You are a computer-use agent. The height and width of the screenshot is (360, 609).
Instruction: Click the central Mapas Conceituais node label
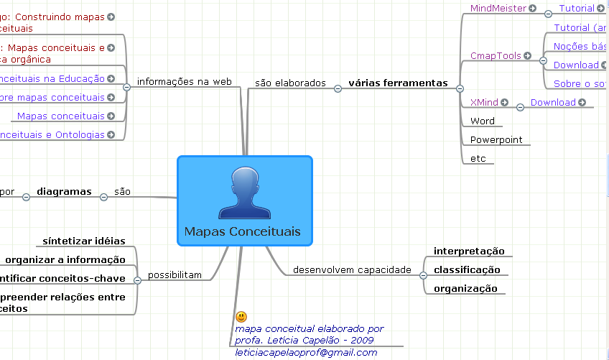pos(242,231)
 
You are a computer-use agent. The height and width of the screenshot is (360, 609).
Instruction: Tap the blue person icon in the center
pos(244,193)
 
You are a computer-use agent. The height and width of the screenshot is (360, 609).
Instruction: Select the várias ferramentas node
pos(397,83)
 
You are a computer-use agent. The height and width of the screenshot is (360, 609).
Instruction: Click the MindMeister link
pos(498,9)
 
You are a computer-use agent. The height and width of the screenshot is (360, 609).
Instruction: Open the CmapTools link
pos(496,55)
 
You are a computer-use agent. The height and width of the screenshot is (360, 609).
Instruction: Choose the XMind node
pos(483,102)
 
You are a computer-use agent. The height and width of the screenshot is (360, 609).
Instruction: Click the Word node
pos(483,121)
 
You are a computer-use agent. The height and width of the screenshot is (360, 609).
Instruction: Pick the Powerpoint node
pos(496,139)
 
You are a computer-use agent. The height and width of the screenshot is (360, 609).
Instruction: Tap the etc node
pos(478,158)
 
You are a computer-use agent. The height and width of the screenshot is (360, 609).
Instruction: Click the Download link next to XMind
pos(553,102)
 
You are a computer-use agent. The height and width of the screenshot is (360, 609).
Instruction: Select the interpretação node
pos(469,251)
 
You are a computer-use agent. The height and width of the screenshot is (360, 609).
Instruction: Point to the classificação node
pos(467,269)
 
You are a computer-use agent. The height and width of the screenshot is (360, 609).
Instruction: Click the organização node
pos(465,288)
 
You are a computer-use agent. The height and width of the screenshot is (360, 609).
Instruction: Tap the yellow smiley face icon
pos(241,316)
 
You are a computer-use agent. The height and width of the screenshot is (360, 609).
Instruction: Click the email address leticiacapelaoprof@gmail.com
pos(306,352)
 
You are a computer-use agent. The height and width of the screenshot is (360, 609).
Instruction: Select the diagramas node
pos(64,191)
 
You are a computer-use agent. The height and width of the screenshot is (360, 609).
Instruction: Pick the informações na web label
pos(184,81)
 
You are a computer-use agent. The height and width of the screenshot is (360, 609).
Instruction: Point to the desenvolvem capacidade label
pos(352,270)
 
